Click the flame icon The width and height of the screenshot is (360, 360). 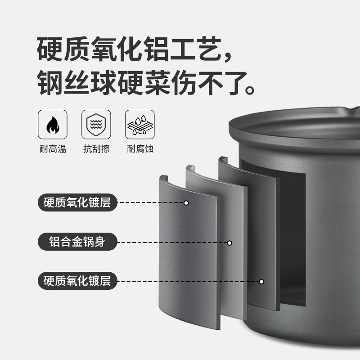pos(53,125)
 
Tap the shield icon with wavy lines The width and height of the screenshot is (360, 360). pos(96,125)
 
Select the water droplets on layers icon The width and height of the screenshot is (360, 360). pos(140,125)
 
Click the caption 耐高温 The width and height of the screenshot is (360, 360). pos(53,149)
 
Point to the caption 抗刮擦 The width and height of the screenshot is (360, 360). pos(96,149)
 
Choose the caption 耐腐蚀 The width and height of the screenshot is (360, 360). pos(140,149)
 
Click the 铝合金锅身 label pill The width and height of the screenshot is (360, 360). pos(77,242)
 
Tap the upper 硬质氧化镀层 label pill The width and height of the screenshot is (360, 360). pos(77,202)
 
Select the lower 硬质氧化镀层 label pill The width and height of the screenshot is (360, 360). pos(77,281)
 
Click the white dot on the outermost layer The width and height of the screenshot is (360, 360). pos(186,203)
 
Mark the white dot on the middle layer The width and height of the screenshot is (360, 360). pos(229,243)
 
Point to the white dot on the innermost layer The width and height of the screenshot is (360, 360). pos(261,282)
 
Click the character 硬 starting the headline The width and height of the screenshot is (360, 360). pos(49,49)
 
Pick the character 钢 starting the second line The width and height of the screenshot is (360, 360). pos(50,83)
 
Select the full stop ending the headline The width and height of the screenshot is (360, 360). pos(250,90)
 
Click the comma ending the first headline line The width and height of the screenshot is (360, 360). pos(228,57)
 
